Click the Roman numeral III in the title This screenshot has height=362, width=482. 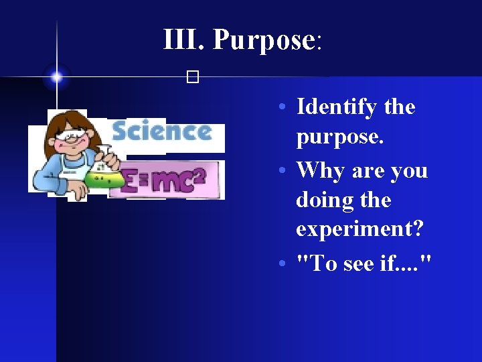184,40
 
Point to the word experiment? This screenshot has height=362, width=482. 359,229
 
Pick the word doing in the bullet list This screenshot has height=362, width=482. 324,200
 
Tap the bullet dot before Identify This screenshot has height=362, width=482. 284,108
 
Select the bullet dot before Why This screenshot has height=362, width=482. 284,171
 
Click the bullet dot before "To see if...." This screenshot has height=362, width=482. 284,264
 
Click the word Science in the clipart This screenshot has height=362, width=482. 161,132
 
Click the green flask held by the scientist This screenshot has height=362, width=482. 106,175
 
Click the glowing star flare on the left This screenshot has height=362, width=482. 57,76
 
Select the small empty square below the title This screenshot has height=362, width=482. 193,78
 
